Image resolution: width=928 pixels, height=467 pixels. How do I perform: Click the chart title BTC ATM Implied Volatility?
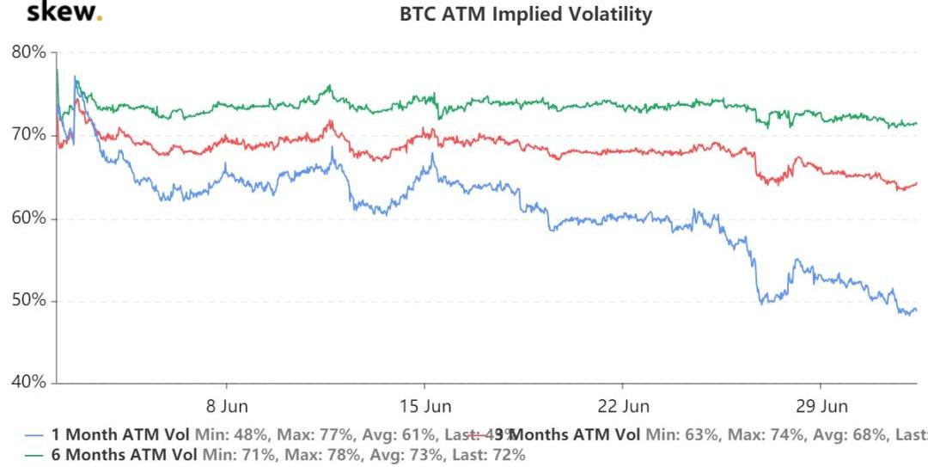tap(526, 15)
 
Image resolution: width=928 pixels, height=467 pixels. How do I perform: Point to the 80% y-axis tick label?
tap(29, 52)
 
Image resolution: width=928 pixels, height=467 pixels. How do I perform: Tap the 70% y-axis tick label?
tap(29, 135)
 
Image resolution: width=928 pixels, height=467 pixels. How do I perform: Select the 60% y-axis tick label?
tap(29, 218)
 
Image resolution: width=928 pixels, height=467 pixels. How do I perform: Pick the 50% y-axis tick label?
tap(29, 301)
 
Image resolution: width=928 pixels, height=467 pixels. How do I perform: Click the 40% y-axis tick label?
tap(29, 384)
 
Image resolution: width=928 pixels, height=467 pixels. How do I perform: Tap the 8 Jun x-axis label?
tap(227, 405)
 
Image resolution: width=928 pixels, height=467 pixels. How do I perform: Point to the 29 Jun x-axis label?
tap(821, 405)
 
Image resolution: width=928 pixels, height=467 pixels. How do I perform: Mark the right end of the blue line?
tap(916, 310)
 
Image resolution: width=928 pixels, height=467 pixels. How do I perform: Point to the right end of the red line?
tap(917, 183)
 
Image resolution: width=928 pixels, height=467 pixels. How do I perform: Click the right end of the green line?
tap(917, 124)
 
